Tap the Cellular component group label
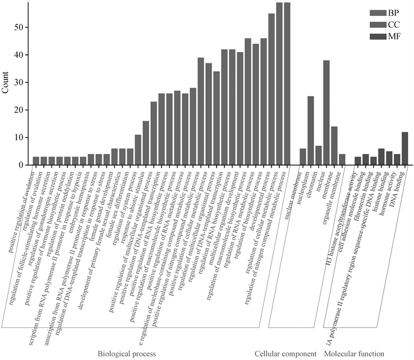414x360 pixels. [286, 353]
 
